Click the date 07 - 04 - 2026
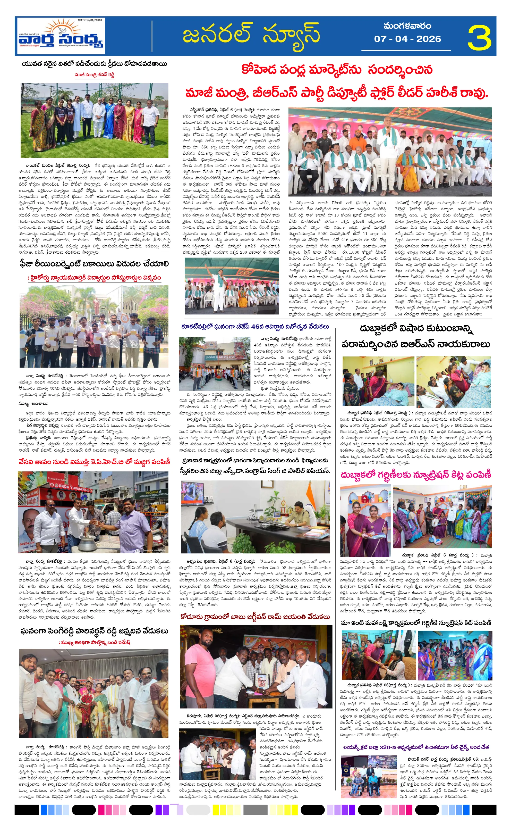[407, 39]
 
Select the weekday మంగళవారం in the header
[407, 26]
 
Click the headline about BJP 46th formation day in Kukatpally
[255, 326]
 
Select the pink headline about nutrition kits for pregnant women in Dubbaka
[416, 475]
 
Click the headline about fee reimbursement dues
[94, 263]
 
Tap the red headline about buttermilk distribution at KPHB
[94, 462]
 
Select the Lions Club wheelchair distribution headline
[416, 747]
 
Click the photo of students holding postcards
[94, 321]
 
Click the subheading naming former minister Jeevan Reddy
[94, 75]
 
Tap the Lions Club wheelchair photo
[369, 774]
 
